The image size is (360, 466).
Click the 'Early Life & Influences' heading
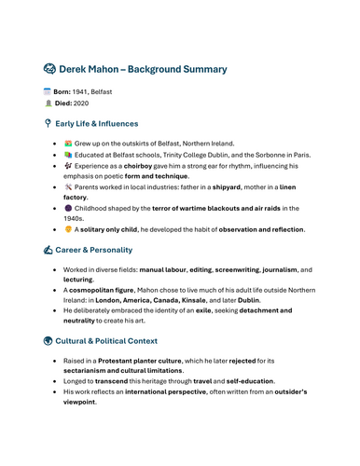(x=96, y=123)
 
